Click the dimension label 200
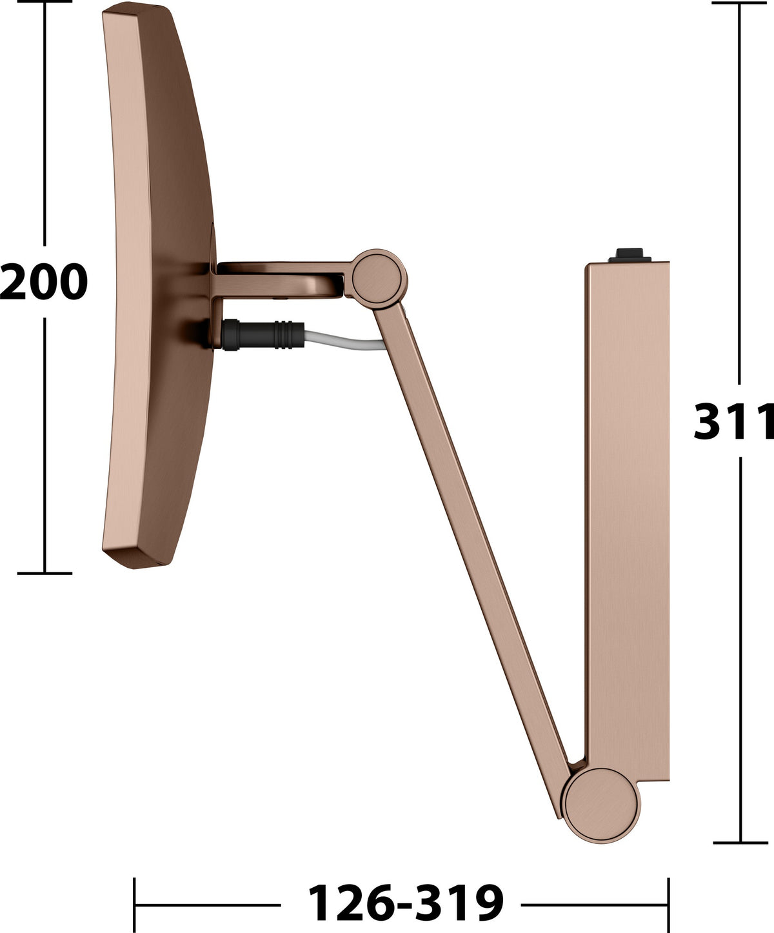(x=44, y=281)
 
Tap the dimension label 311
(x=734, y=421)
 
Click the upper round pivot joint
(x=380, y=279)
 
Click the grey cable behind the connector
(x=344, y=340)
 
